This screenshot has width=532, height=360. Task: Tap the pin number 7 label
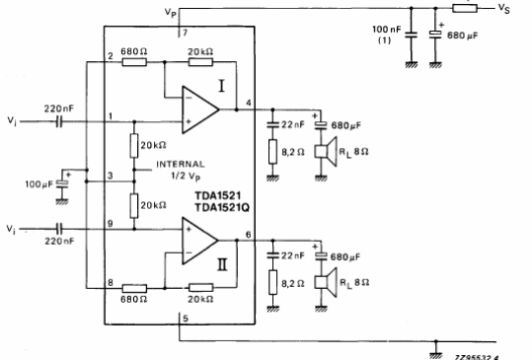click(182, 33)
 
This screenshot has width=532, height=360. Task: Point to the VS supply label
click(503, 9)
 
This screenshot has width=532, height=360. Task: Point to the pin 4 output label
click(247, 103)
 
